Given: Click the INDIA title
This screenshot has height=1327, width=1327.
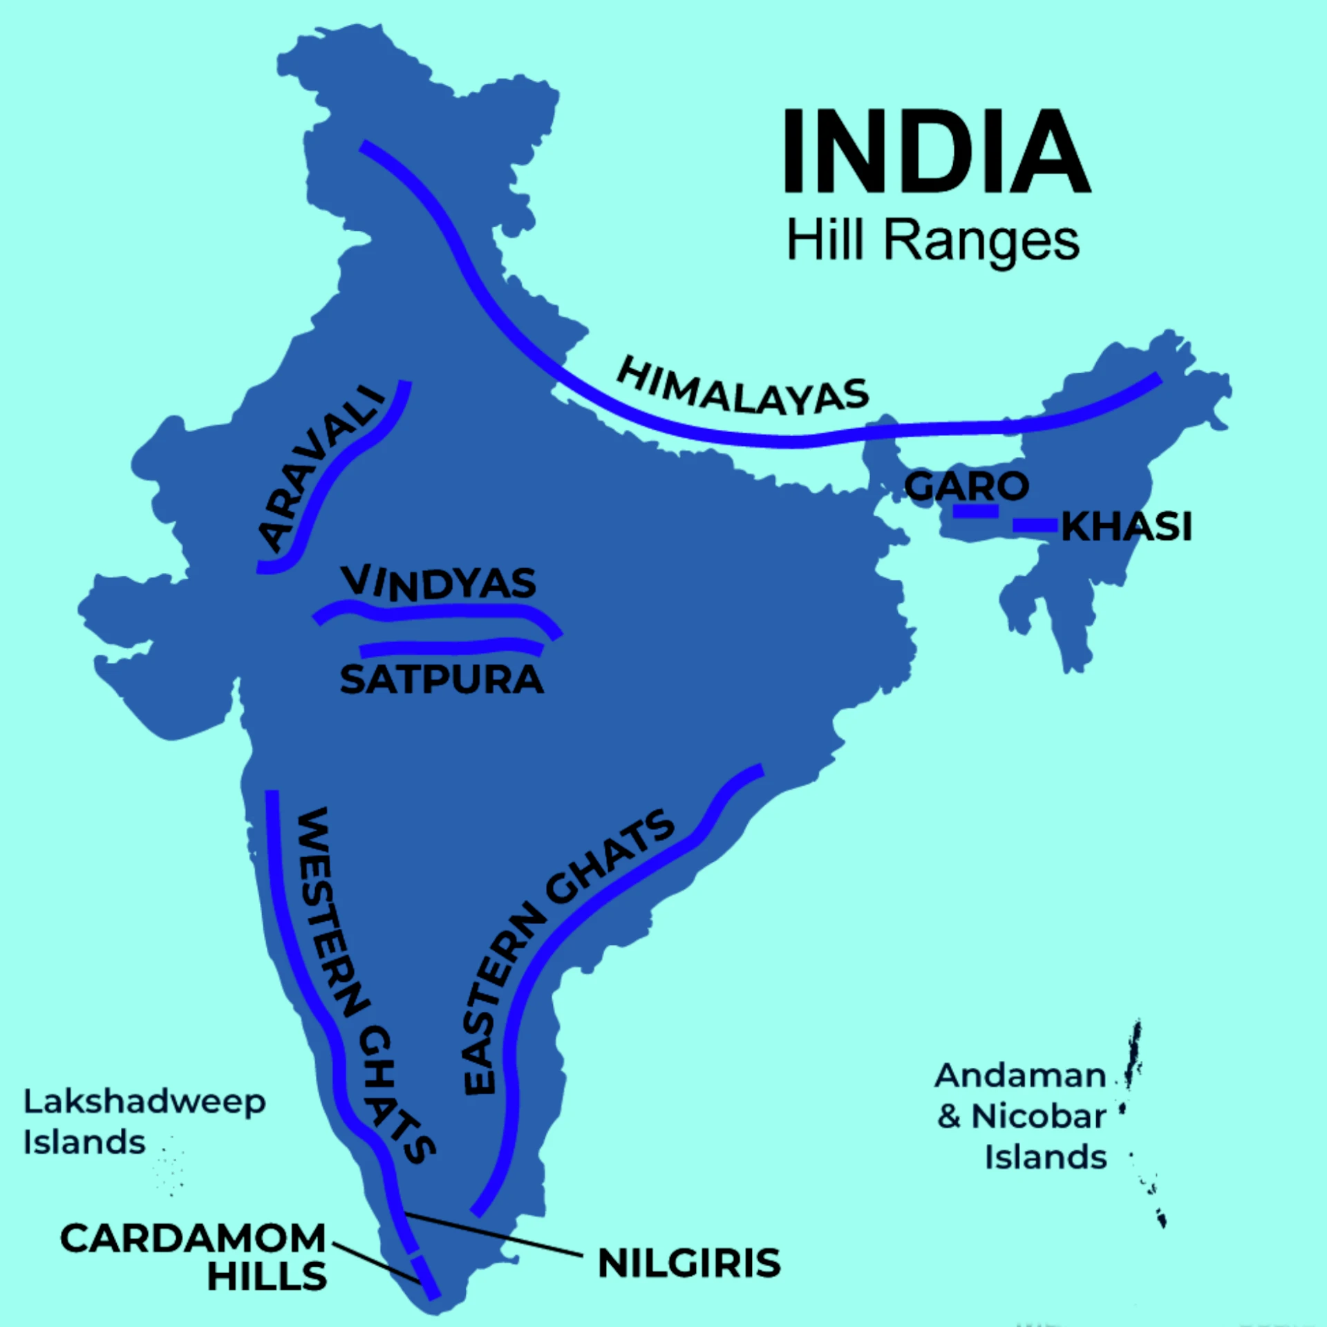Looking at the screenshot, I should (936, 151).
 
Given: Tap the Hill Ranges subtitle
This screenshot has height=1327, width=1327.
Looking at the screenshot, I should (933, 241).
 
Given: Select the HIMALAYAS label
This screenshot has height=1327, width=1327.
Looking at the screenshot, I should (742, 388).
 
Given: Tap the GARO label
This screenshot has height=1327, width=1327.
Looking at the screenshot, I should (966, 487).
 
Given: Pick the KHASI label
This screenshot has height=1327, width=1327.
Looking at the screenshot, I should (1127, 527).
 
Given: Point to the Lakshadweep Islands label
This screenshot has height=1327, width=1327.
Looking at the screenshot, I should (144, 1122).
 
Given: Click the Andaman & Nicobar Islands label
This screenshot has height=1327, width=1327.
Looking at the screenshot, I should (1022, 1116).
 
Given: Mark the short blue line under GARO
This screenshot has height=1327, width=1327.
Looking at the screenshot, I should (975, 511).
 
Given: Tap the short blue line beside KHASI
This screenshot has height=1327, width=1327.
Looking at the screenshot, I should (1035, 526).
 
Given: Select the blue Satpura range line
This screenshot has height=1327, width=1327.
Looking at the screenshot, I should (449, 648).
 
